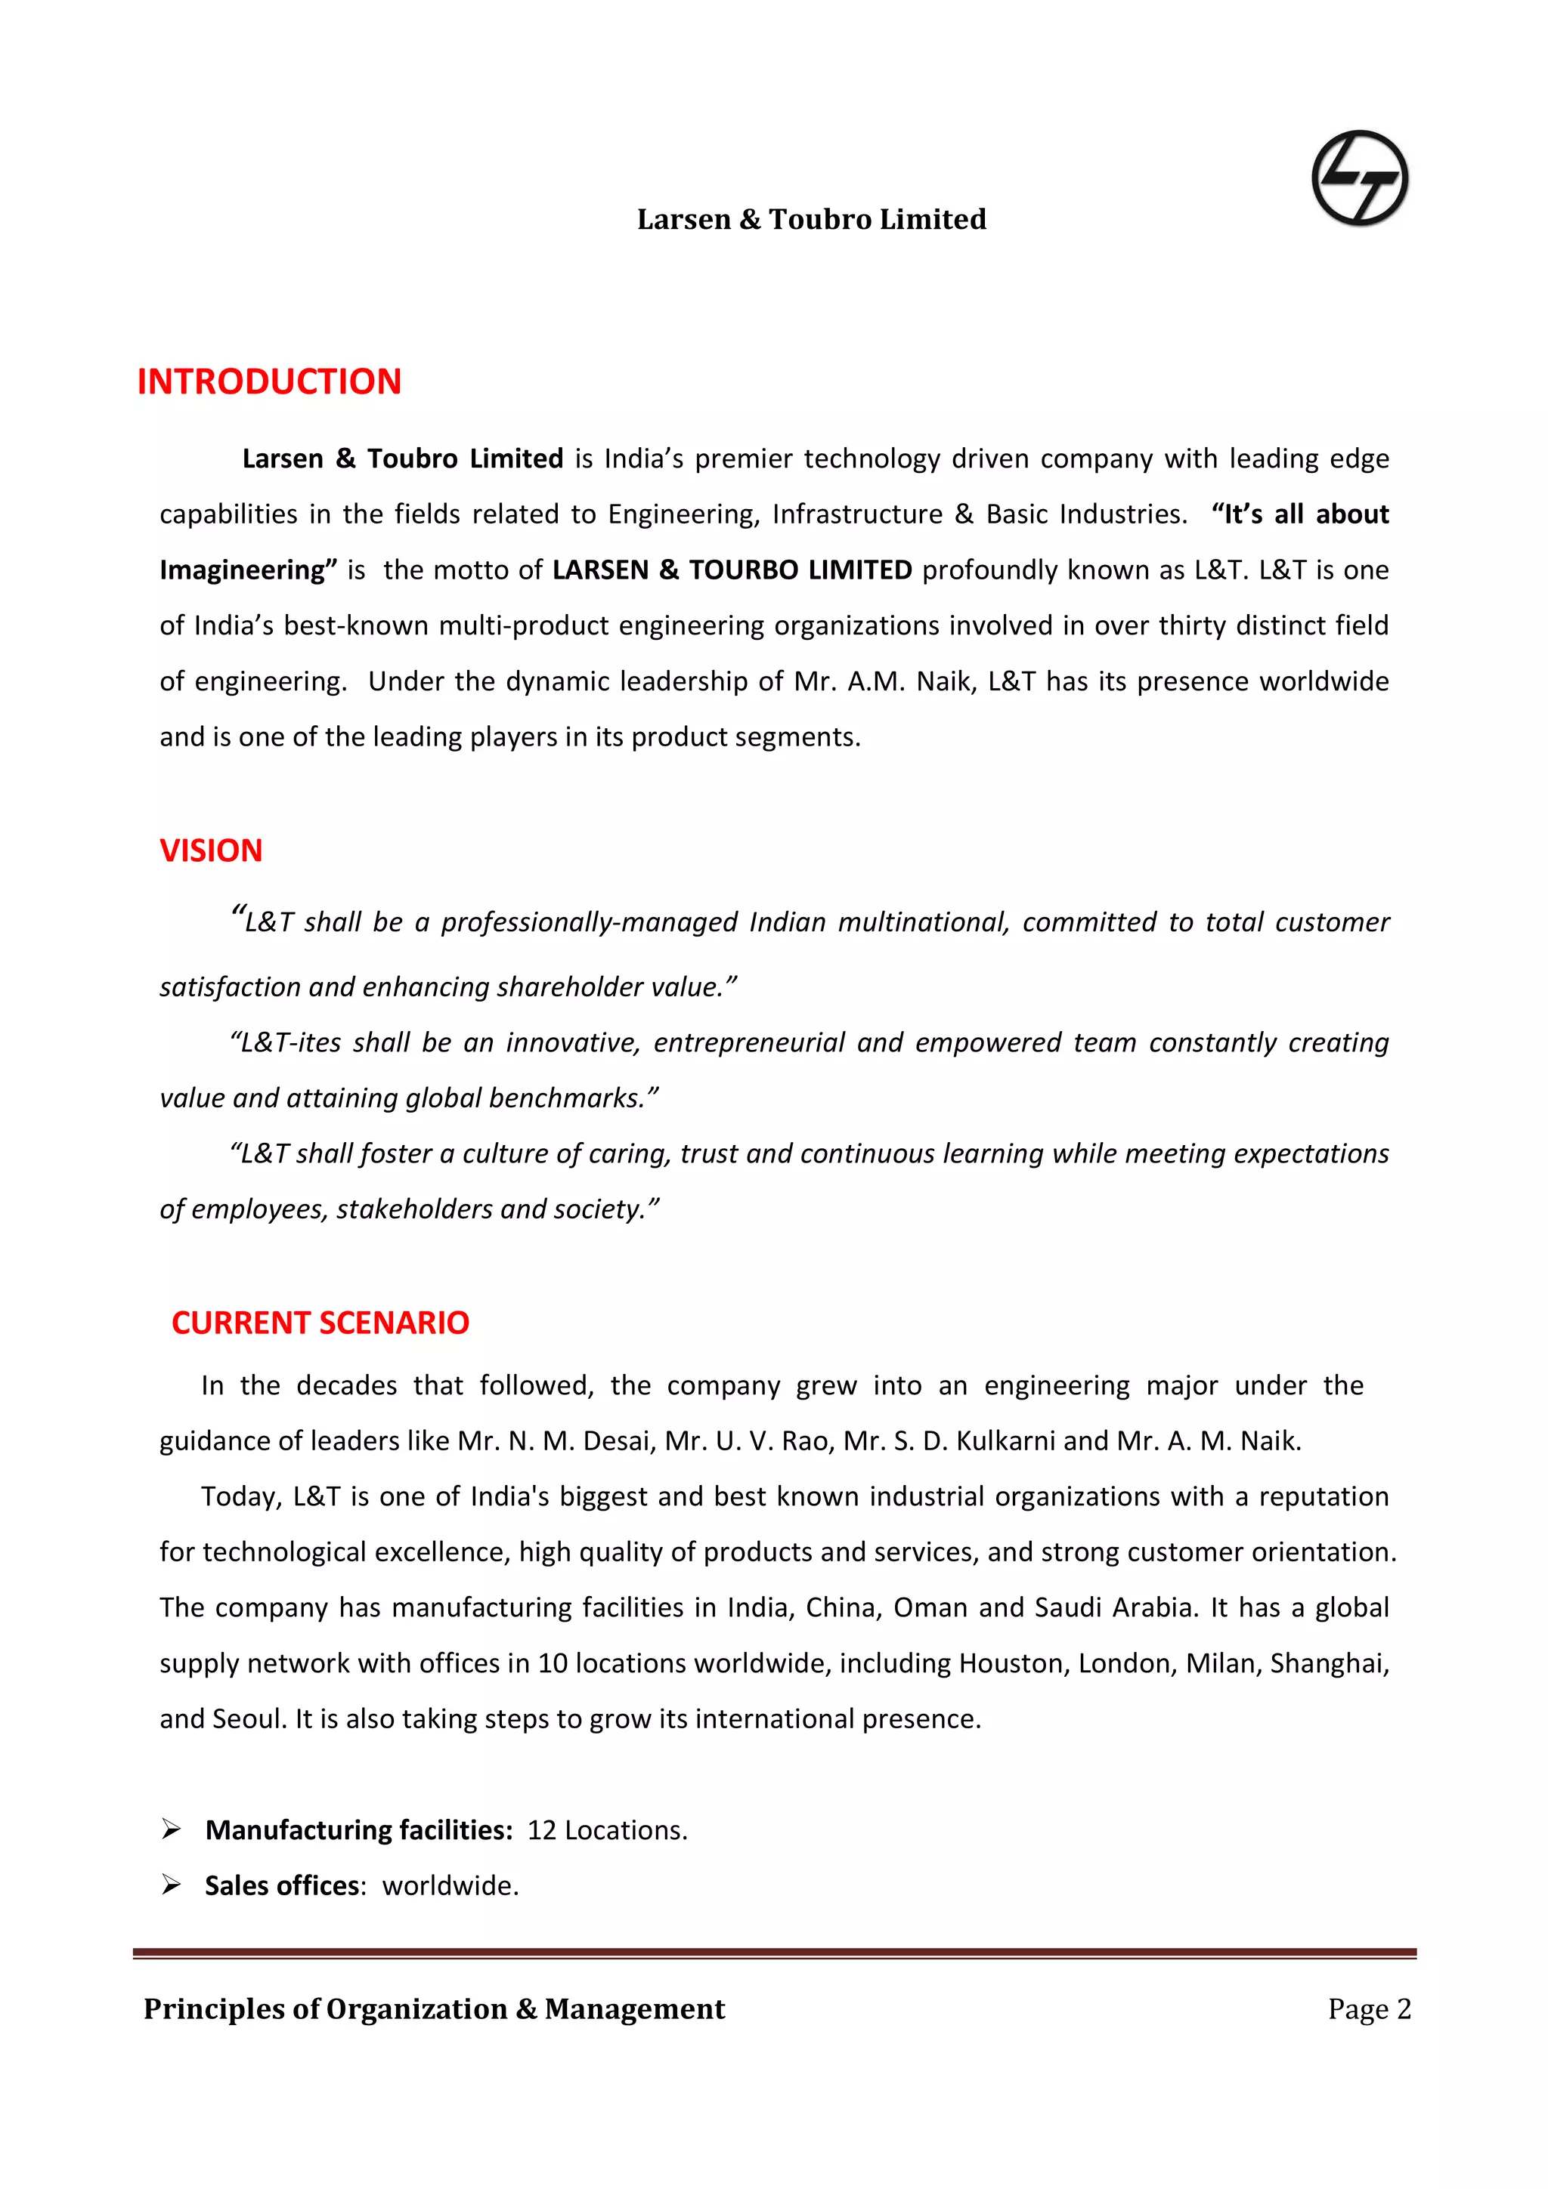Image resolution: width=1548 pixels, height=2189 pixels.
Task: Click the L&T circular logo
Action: click(x=1359, y=178)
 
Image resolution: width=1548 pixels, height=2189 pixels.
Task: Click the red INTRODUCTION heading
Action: click(x=269, y=381)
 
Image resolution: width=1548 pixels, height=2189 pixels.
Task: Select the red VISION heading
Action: click(x=211, y=850)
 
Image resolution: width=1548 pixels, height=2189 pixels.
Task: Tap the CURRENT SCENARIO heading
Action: click(x=320, y=1323)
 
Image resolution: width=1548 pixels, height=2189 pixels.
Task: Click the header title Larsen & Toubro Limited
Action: click(x=811, y=219)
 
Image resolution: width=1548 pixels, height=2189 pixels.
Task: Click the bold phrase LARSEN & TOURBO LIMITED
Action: click(x=732, y=570)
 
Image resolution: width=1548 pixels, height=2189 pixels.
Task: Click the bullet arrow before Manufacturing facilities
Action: click(x=172, y=1829)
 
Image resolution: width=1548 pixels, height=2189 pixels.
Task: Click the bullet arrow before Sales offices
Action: click(x=172, y=1884)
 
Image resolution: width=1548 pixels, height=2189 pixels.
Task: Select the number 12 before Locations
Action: click(x=540, y=1830)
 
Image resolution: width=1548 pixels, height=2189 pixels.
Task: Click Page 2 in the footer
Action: click(x=1368, y=2008)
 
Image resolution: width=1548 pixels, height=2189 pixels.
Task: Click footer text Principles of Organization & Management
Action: click(x=434, y=2008)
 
